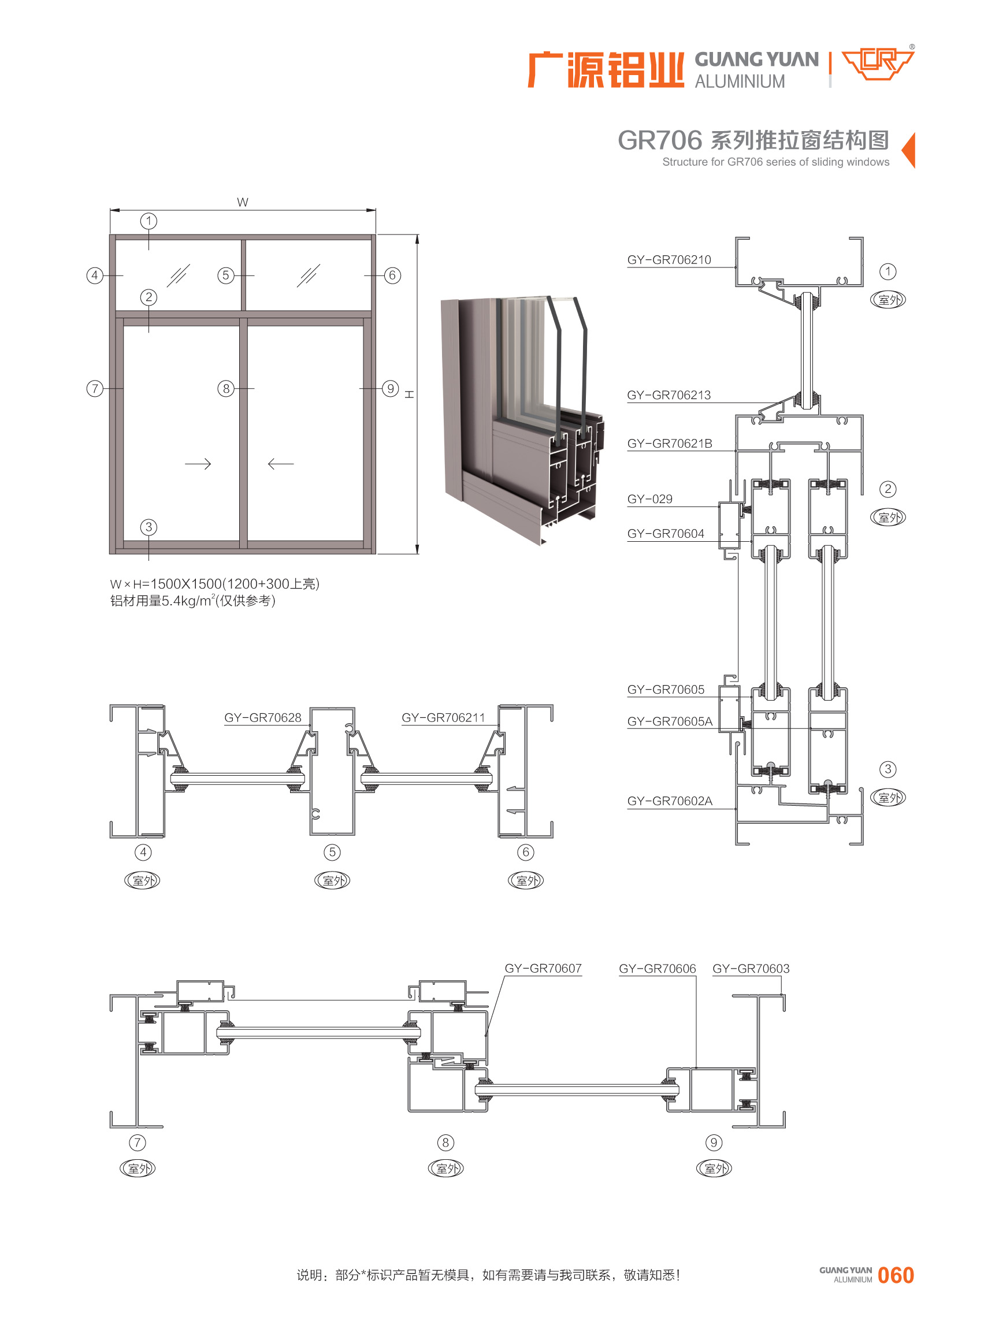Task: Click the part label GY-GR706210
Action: tap(669, 260)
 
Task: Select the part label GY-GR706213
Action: tap(669, 395)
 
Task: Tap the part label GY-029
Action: tap(649, 499)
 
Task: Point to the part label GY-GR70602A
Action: tap(670, 801)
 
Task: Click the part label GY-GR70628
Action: tap(263, 717)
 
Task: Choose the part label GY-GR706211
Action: tap(443, 717)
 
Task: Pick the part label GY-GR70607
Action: tap(543, 968)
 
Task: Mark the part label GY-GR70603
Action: tap(751, 968)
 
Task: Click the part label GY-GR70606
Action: tap(657, 968)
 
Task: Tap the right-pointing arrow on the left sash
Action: tap(198, 464)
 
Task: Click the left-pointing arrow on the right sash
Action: tap(281, 464)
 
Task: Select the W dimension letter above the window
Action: tap(243, 203)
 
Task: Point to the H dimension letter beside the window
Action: tap(410, 394)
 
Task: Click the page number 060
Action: tap(895, 1275)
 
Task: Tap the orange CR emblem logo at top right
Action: tap(877, 64)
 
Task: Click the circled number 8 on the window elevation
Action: tap(226, 389)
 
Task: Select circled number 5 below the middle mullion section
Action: tap(332, 852)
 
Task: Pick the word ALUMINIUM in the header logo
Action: tap(740, 81)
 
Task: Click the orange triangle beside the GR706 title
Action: tap(909, 150)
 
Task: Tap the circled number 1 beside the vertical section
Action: tap(888, 271)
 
